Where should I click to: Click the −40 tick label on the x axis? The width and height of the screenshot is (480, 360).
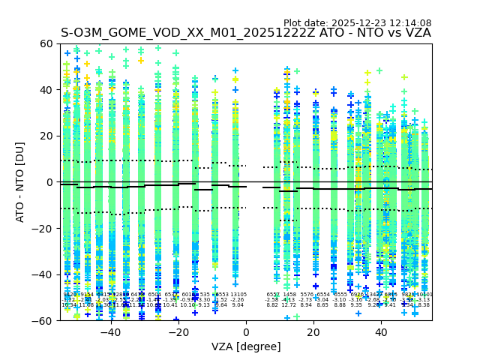pos(110,331)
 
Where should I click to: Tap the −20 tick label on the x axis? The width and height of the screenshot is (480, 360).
pos(178,331)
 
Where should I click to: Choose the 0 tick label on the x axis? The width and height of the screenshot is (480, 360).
pos(246,331)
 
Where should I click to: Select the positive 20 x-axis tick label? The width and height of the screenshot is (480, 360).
pos(313,331)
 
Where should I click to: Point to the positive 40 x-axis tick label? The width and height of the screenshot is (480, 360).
pos(381,331)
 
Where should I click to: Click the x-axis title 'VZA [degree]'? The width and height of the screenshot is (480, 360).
pos(246,346)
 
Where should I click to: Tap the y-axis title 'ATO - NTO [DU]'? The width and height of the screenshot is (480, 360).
pos(21,182)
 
